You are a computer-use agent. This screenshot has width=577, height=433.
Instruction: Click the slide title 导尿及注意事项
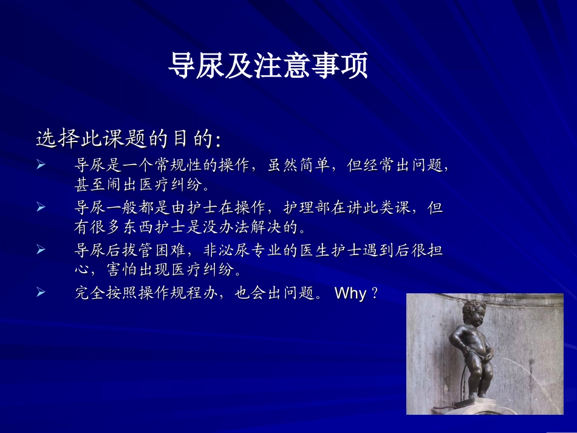(268, 66)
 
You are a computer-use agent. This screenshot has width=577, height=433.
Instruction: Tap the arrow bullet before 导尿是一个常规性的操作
(41, 165)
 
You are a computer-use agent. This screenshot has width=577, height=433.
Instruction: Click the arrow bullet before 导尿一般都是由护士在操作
(41, 208)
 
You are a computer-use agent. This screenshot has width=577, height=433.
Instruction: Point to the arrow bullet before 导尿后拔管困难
(41, 250)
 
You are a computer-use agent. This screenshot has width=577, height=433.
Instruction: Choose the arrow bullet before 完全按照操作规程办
(41, 293)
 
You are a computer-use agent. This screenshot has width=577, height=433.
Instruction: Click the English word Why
(350, 294)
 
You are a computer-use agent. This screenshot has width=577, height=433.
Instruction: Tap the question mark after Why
(375, 294)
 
